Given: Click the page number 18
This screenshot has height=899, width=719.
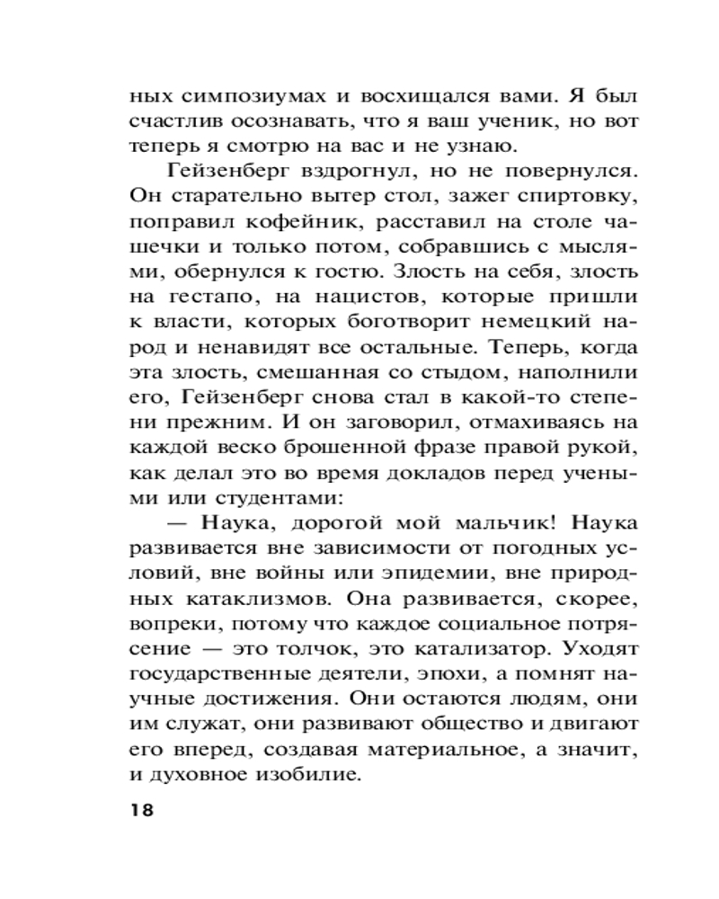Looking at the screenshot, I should pos(142,810).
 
